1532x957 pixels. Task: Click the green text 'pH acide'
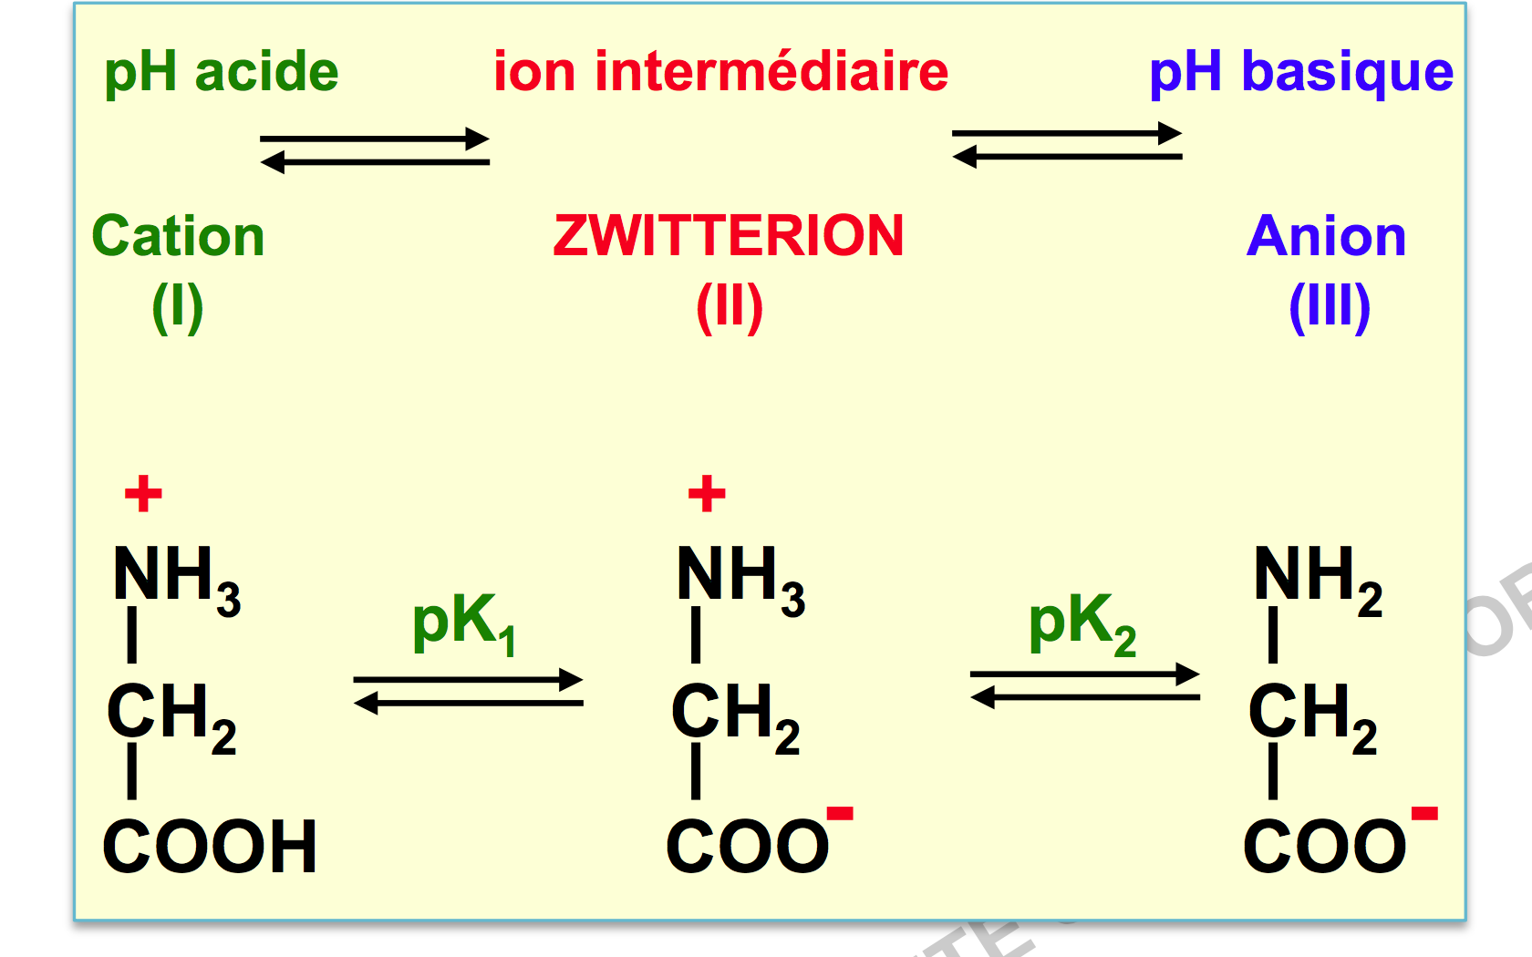[222, 73]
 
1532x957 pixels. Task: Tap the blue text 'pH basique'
[1300, 73]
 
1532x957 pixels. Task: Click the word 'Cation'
[178, 236]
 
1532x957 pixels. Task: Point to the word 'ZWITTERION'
[729, 236]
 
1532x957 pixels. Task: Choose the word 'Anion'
[1326, 236]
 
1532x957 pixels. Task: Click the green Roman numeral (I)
[178, 308]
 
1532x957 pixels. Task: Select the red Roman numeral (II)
[730, 308]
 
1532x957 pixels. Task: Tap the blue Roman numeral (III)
[1330, 308]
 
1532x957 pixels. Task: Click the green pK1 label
[464, 625]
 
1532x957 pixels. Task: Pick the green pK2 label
[1082, 625]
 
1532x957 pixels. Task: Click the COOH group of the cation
[210, 846]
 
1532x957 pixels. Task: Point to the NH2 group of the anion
[1318, 581]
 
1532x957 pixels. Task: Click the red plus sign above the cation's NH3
[144, 494]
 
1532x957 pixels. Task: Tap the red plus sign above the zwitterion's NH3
[708, 494]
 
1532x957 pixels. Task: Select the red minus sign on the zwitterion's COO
[840, 813]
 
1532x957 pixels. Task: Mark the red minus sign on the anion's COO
[1424, 813]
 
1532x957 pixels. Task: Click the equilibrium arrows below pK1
[469, 691]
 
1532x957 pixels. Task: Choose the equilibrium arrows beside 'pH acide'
[375, 150]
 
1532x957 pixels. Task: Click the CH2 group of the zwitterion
[736, 719]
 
